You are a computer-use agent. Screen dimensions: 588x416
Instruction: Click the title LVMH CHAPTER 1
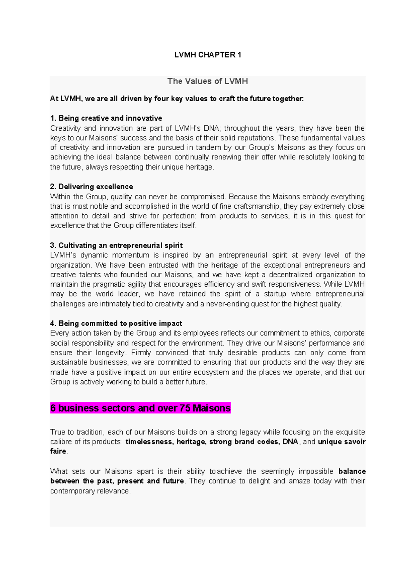pos(208,55)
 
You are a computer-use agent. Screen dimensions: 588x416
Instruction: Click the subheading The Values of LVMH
pos(208,81)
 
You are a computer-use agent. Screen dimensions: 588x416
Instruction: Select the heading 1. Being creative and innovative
pos(106,118)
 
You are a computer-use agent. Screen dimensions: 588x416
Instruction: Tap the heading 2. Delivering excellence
pos(92,187)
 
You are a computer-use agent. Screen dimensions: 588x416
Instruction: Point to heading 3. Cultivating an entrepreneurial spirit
pos(116,245)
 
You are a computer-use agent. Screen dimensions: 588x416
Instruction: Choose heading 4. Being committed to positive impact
pos(116,323)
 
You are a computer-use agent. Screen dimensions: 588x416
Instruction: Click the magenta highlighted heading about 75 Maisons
pos(140,408)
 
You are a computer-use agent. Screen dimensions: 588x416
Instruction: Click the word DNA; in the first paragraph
pos(211,128)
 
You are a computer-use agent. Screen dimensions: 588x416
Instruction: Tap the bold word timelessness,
pos(149,442)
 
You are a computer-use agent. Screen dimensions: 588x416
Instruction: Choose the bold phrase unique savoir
pos(341,442)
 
